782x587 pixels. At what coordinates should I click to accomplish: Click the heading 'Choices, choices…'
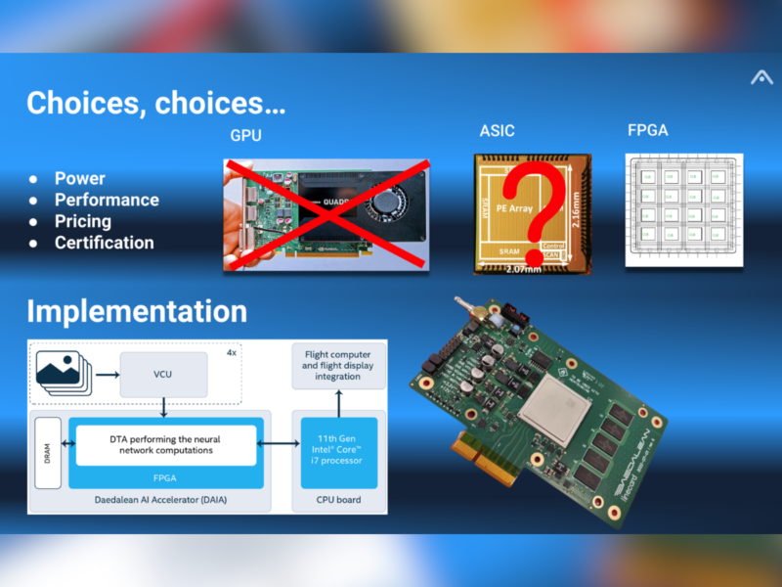click(156, 104)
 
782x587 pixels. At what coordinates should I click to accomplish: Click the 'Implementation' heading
click(137, 311)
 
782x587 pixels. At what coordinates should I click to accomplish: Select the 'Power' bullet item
click(79, 178)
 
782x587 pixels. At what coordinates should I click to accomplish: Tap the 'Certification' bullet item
click(104, 243)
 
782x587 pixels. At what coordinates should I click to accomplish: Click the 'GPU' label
click(245, 135)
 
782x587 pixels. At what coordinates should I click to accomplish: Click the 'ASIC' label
click(497, 131)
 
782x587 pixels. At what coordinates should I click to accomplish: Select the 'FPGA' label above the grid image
click(647, 129)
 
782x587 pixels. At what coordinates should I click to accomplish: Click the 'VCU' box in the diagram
click(163, 376)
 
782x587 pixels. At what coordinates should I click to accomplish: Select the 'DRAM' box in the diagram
click(49, 452)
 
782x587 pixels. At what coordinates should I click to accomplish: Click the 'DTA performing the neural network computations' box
click(163, 445)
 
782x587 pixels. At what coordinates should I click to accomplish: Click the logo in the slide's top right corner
click(760, 77)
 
